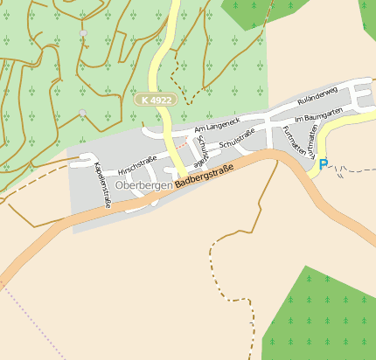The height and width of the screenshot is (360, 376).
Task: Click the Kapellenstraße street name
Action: (x=102, y=184)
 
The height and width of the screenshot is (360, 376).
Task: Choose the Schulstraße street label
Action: (x=237, y=137)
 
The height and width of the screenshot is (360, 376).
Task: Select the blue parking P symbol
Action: (x=324, y=163)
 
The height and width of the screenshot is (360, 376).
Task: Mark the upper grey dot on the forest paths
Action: (x=84, y=33)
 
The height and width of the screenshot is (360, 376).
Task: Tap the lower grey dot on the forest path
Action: (x=82, y=113)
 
